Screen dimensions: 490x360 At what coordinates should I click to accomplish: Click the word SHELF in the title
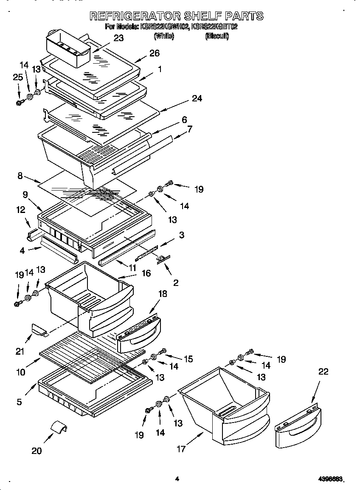(201, 16)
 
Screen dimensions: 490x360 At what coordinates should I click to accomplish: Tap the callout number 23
(118, 38)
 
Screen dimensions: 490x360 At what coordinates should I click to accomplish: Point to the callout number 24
(197, 98)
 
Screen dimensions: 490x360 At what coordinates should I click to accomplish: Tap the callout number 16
(146, 273)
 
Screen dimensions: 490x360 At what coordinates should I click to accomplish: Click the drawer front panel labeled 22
(297, 428)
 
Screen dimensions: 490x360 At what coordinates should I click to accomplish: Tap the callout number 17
(181, 449)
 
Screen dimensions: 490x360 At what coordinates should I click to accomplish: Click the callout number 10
(21, 372)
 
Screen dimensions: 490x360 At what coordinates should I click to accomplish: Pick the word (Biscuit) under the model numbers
(217, 36)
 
